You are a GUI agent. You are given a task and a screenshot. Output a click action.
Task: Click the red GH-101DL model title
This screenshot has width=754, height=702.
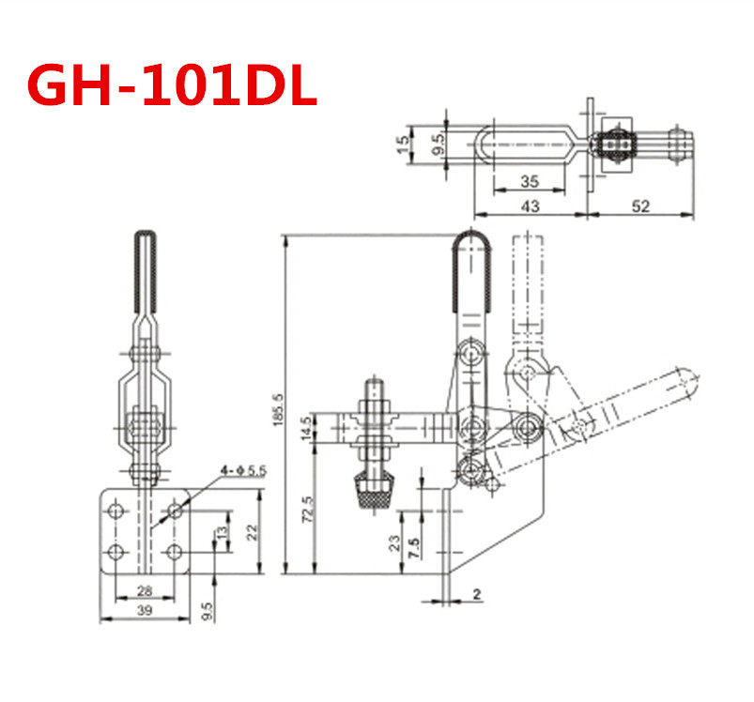[172, 86]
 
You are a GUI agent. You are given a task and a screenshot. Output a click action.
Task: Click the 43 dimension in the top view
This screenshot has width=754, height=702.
[530, 206]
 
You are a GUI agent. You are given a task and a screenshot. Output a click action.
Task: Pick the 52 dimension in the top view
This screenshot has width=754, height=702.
[641, 206]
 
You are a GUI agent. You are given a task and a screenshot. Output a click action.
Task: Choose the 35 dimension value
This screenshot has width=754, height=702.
[528, 182]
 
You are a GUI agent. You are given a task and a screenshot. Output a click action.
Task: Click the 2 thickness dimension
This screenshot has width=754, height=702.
[477, 593]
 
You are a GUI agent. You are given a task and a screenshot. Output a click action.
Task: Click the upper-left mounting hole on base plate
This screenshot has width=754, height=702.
[116, 511]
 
